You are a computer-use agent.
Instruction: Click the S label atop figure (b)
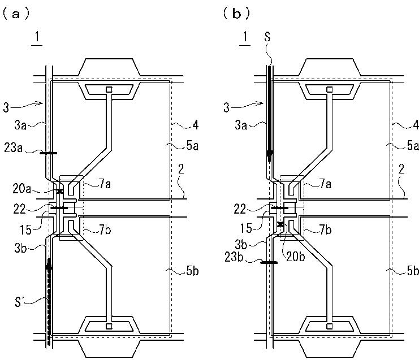tap(270, 37)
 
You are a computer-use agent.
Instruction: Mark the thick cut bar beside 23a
tap(49, 153)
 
